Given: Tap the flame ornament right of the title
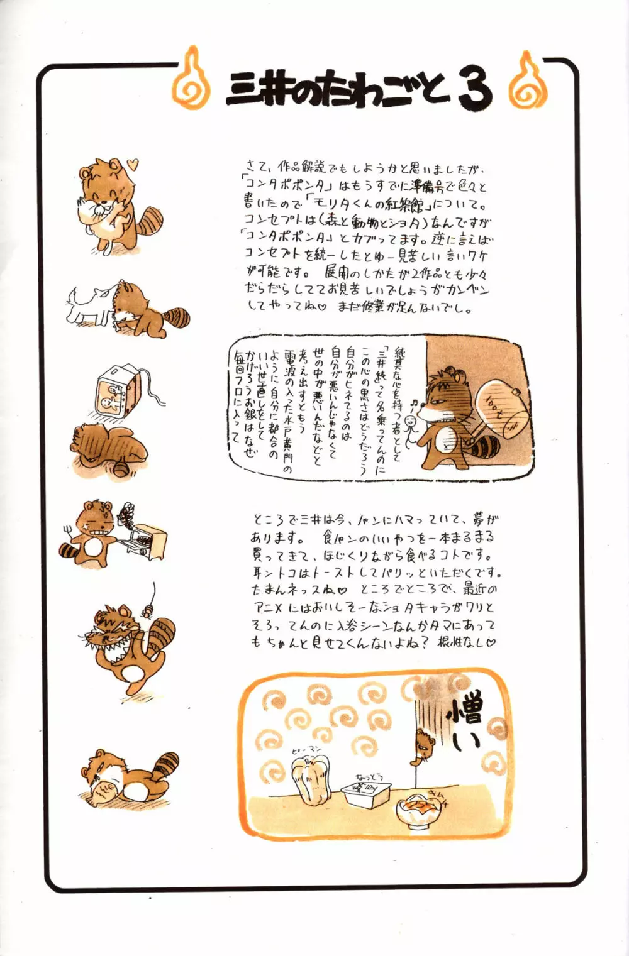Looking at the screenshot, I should point(527,81).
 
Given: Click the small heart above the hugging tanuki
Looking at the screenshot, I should point(131,165).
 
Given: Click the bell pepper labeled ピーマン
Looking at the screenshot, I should point(315,780).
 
